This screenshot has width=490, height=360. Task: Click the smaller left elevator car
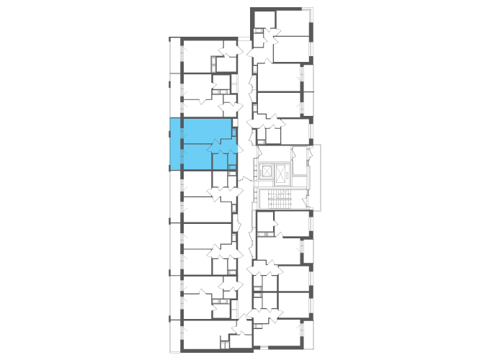(x=267, y=171)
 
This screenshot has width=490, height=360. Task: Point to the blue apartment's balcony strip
(x=175, y=144)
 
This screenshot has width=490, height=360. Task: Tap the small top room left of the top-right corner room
(x=263, y=19)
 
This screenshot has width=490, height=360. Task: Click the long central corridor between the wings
(x=245, y=216)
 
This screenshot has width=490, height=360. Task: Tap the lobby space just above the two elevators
(x=274, y=153)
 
